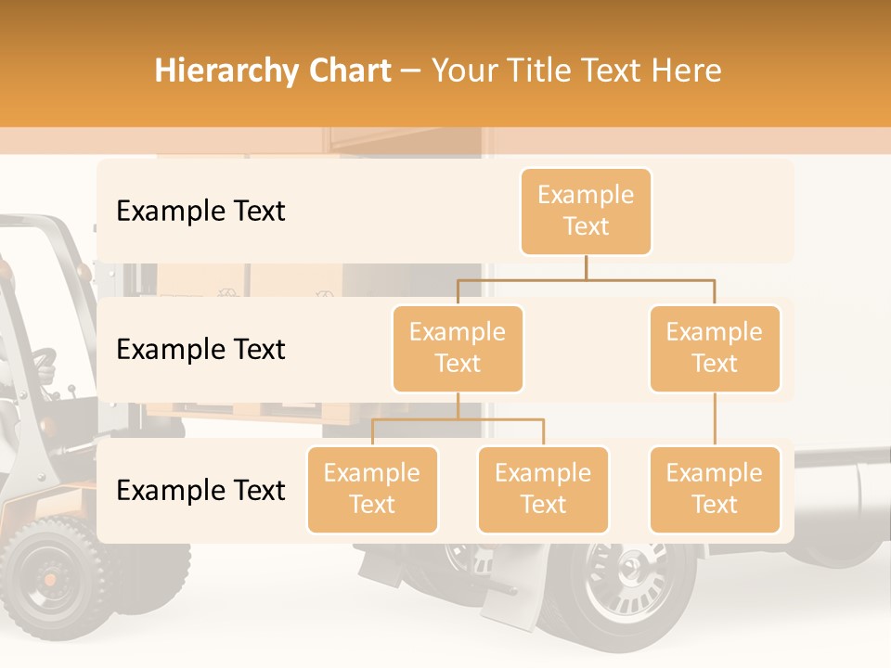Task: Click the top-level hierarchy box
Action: pos(586,211)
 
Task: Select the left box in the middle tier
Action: pos(458,348)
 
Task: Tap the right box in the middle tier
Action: pos(715,348)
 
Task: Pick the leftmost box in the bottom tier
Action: pos(372,489)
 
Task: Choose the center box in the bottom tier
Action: pos(543,489)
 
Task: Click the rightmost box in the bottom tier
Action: pos(715,489)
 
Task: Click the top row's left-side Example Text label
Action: pos(200,211)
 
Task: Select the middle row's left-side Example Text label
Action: pos(200,349)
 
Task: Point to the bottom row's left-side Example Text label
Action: pos(200,490)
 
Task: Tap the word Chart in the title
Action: pos(345,71)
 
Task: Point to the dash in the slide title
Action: pos(411,71)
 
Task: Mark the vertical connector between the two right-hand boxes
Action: pos(715,419)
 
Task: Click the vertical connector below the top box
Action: pos(586,266)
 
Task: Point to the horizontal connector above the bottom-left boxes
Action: pos(458,419)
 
